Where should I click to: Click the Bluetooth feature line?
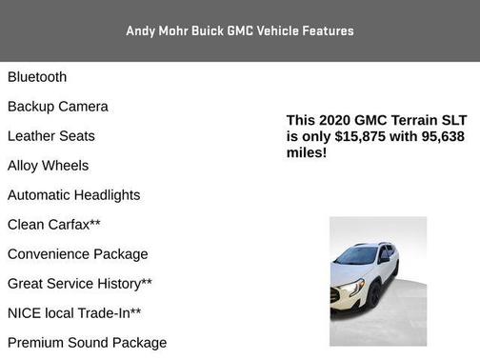click(37, 77)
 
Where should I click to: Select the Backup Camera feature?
click(58, 107)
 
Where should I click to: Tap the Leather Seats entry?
click(51, 136)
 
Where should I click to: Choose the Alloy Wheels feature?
click(49, 166)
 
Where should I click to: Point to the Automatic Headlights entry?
click(74, 195)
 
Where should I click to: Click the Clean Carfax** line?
click(54, 225)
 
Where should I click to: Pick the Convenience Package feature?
click(78, 254)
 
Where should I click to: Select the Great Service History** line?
click(80, 284)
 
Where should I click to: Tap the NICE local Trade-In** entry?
click(74, 313)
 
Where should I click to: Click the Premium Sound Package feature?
click(88, 343)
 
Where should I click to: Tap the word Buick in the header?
click(207, 30)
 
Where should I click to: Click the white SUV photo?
click(378, 281)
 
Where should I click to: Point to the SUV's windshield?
click(357, 255)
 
